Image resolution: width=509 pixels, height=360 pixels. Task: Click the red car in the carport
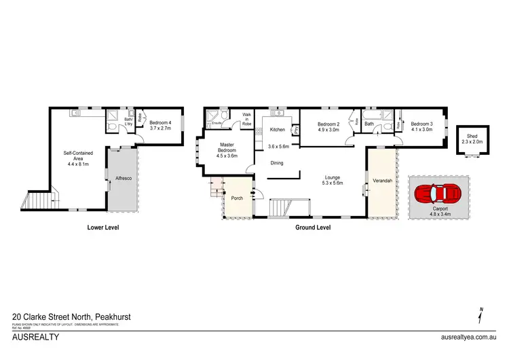(437, 194)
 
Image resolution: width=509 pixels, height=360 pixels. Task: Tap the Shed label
(468, 137)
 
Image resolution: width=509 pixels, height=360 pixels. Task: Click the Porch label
(237, 198)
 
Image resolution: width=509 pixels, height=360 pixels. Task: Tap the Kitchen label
(278, 129)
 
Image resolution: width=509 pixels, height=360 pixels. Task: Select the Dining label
(277, 163)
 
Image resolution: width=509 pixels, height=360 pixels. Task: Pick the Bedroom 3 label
(421, 124)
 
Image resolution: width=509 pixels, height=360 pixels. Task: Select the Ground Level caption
(313, 228)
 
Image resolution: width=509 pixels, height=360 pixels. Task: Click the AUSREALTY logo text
(36, 336)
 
